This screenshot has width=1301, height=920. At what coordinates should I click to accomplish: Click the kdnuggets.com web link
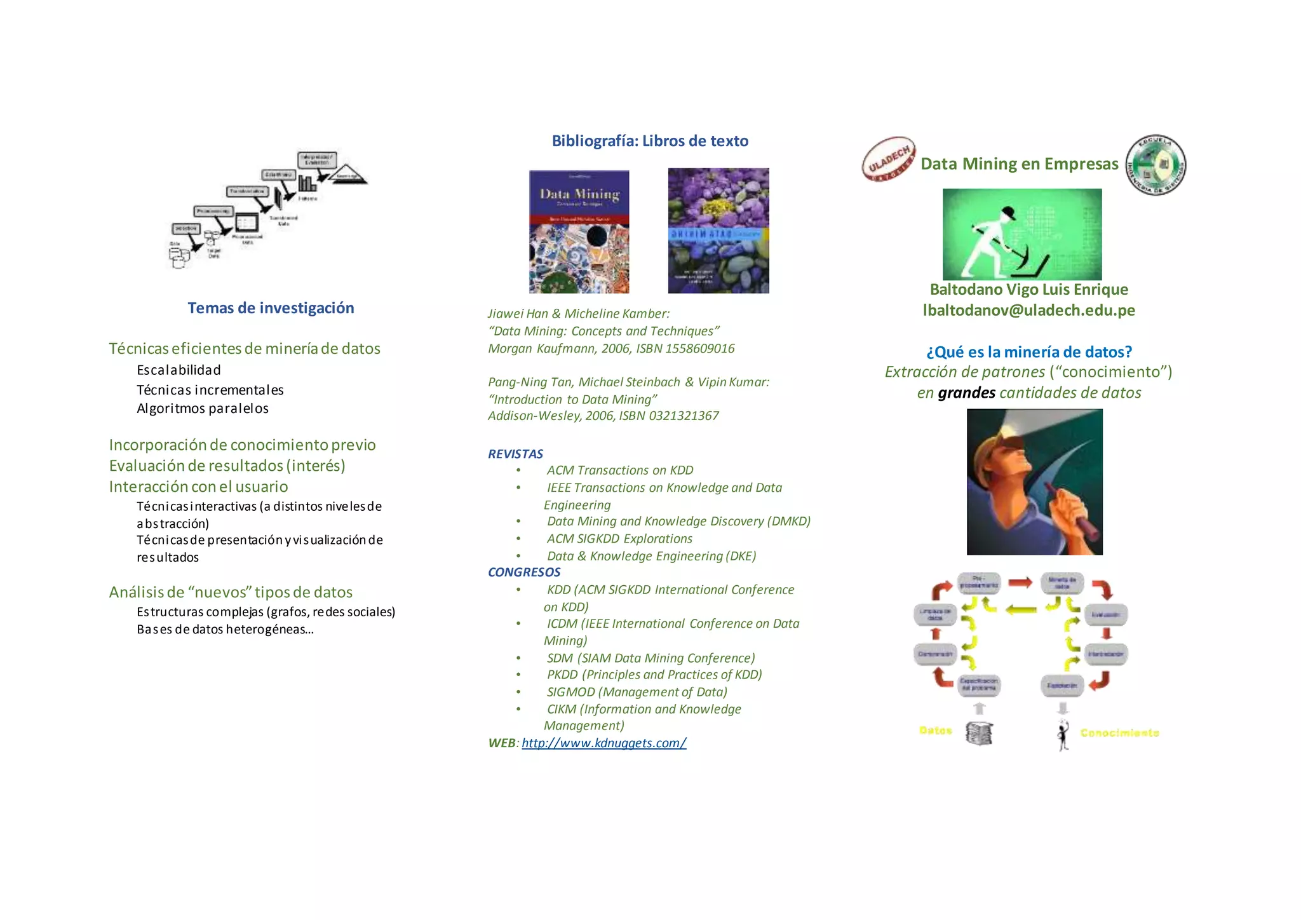pyautogui.click(x=603, y=743)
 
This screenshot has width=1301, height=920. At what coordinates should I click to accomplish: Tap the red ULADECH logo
pyautogui.click(x=888, y=159)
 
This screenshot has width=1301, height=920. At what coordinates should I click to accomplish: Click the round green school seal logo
pyautogui.click(x=1155, y=165)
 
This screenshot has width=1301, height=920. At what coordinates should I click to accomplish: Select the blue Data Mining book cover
pyautogui.click(x=579, y=231)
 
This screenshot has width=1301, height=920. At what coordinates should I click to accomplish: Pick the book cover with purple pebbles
pyautogui.click(x=718, y=231)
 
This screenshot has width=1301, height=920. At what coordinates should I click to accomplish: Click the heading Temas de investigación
pyautogui.click(x=271, y=308)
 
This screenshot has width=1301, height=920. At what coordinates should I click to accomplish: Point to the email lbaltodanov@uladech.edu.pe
pyautogui.click(x=1028, y=310)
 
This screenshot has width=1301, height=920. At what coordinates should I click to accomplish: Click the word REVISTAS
pyautogui.click(x=515, y=454)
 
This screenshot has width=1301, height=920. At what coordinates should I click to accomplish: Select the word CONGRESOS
pyautogui.click(x=523, y=572)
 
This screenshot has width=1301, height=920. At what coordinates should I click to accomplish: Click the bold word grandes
pyautogui.click(x=966, y=393)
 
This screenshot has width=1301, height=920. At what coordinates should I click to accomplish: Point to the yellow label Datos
pyautogui.click(x=935, y=731)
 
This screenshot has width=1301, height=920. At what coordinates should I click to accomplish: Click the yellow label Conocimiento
pyautogui.click(x=1119, y=733)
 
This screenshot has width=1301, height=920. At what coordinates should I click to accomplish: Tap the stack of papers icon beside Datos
pyautogui.click(x=979, y=733)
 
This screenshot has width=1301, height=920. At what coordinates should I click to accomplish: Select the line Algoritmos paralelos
pyautogui.click(x=203, y=409)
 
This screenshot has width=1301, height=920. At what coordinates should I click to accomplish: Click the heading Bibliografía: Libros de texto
pyautogui.click(x=650, y=141)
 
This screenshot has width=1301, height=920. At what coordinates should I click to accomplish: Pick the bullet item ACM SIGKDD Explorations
pyautogui.click(x=619, y=539)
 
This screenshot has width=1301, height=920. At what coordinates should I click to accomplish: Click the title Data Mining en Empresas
pyautogui.click(x=1019, y=164)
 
